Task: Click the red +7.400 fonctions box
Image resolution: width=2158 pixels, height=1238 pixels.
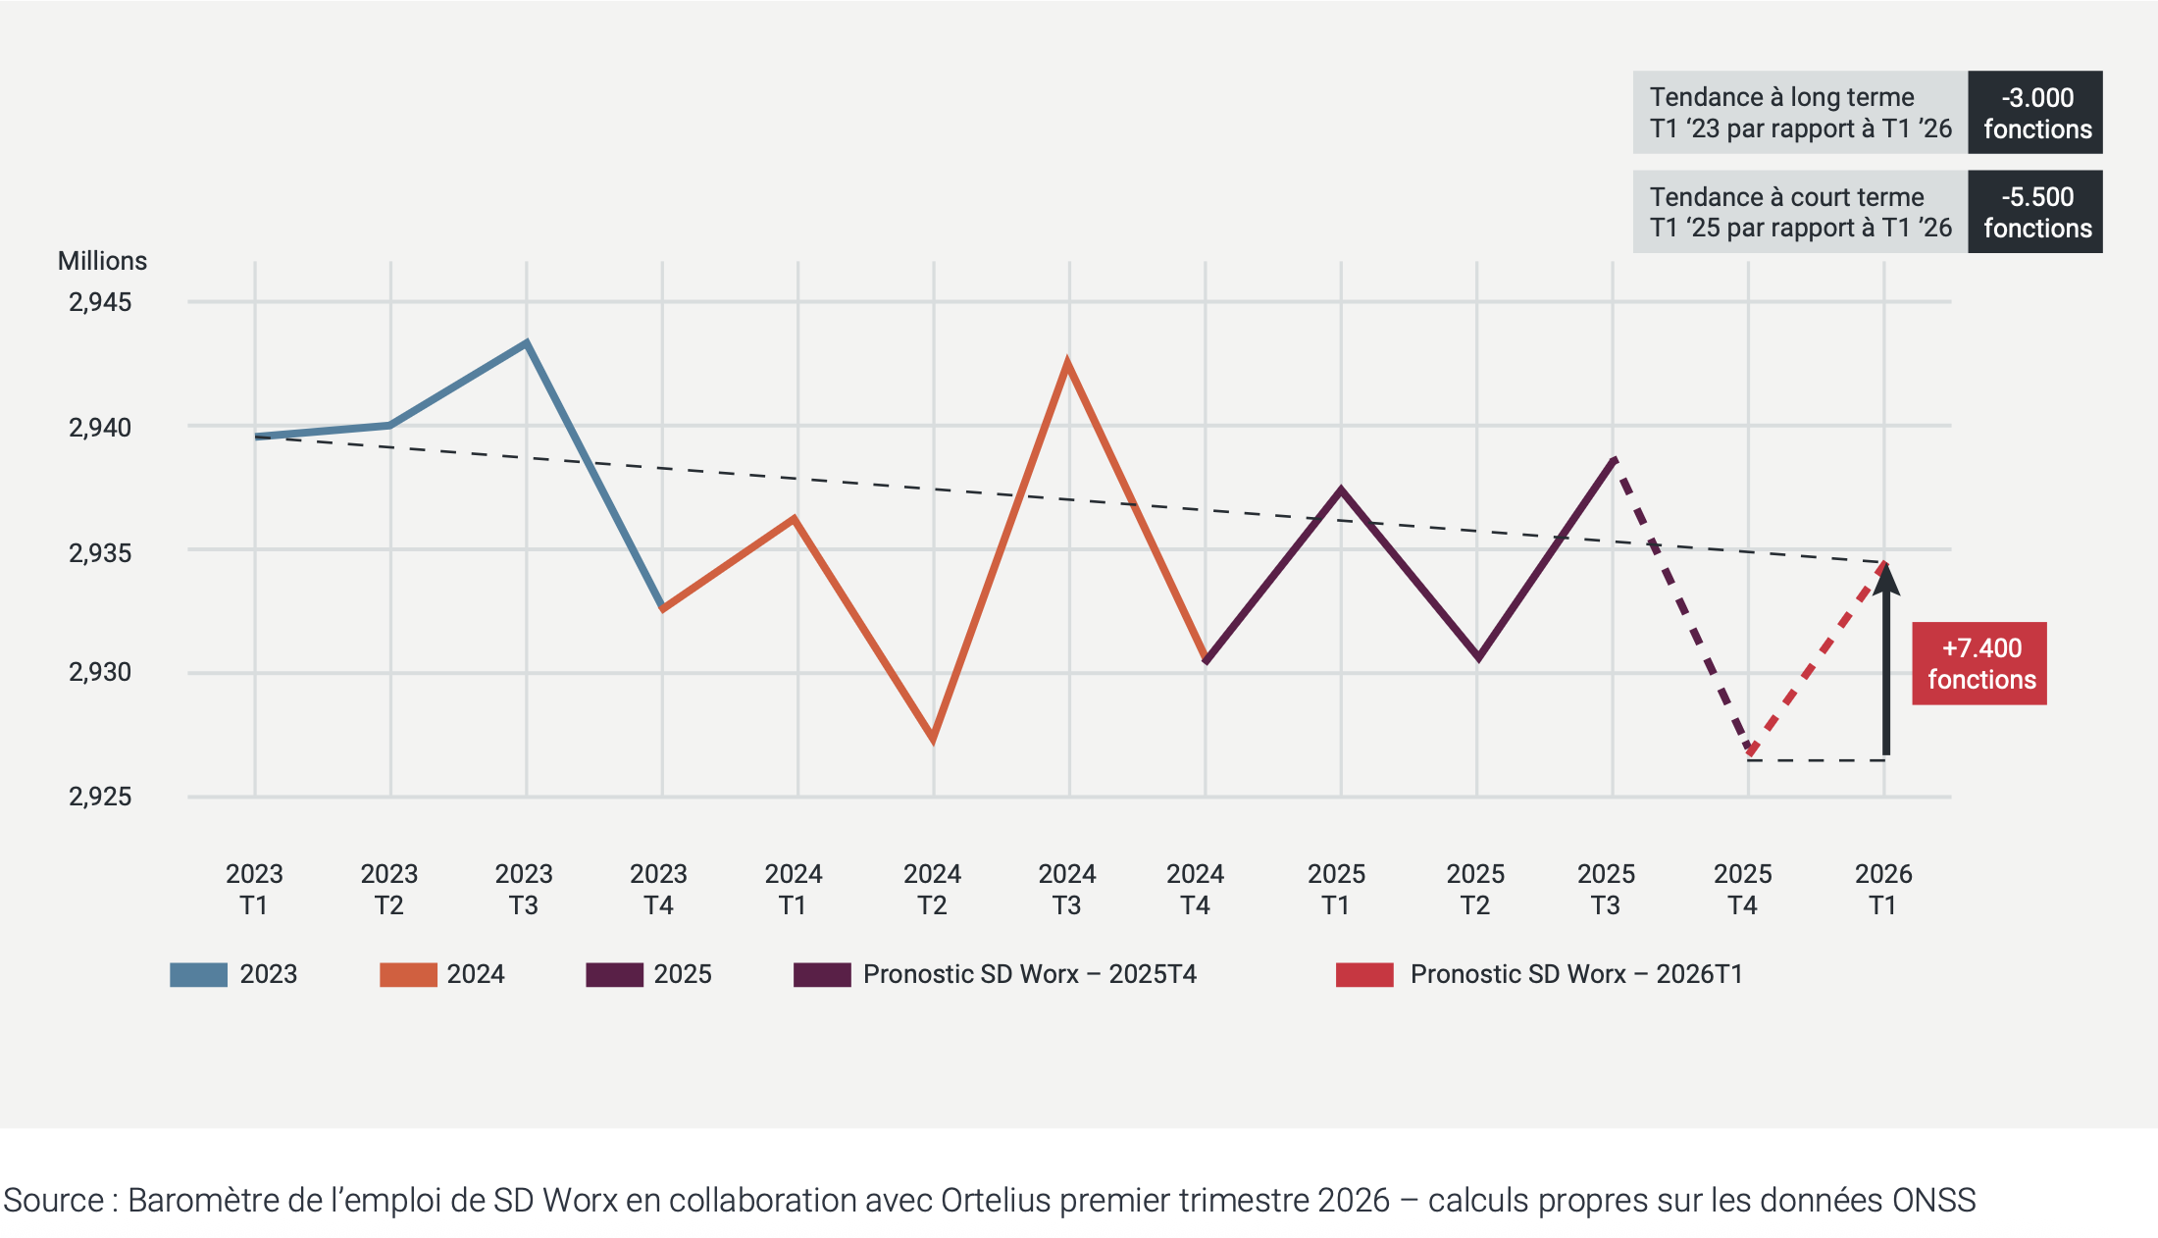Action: tap(1978, 663)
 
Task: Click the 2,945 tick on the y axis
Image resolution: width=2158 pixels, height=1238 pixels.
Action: tap(100, 302)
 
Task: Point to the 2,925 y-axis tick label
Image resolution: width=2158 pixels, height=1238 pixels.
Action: tap(100, 797)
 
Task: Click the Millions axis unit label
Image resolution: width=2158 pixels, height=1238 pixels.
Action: tap(102, 261)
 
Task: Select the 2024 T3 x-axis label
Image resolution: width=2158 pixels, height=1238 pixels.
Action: tap(1066, 889)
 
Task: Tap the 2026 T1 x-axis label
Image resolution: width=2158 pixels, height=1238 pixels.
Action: tap(1882, 889)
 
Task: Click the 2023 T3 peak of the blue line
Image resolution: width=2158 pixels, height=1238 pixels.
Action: tap(527, 343)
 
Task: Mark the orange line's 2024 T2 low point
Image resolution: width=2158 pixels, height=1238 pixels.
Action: tap(933, 739)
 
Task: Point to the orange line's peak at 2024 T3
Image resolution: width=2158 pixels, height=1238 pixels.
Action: tap(1067, 362)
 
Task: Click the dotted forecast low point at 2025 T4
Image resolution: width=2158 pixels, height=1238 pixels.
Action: tap(1750, 752)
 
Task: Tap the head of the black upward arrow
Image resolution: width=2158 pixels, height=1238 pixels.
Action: tap(1885, 579)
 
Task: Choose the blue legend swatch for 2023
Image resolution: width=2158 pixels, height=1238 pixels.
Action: tap(198, 974)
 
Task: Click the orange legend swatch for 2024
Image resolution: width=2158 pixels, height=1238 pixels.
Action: tap(408, 974)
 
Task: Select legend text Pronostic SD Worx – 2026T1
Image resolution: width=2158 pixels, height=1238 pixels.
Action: tap(1575, 974)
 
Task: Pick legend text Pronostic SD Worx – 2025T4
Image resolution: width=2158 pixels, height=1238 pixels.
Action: tap(1029, 974)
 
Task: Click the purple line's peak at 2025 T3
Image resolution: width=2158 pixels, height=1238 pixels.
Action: tap(1614, 459)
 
